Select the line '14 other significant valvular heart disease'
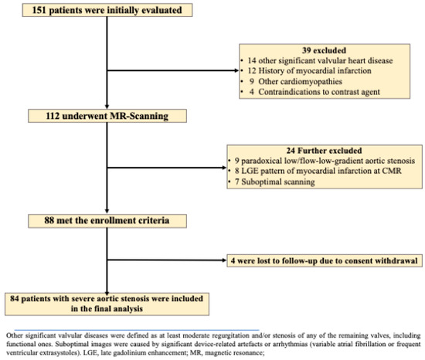coord(308,60)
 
